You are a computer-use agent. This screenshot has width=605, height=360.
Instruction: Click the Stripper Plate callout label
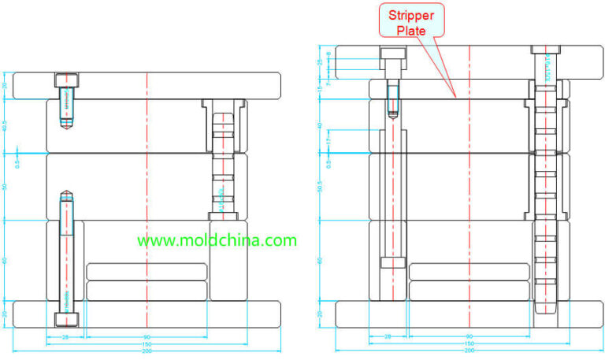[x=411, y=22]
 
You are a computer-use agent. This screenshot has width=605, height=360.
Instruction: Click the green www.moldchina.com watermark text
[x=217, y=240]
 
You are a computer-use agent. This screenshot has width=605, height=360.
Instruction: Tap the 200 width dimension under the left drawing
[x=147, y=351]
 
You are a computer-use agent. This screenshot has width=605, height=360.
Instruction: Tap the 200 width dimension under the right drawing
[x=470, y=351]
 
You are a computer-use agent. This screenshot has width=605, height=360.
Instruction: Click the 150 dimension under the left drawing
[x=147, y=343]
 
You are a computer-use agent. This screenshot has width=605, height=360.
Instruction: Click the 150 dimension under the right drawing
[x=470, y=343]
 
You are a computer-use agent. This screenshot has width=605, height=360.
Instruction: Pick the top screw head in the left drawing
[x=66, y=80]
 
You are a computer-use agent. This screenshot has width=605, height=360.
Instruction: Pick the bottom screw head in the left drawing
[x=66, y=319]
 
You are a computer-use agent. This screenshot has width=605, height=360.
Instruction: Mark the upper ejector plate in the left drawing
[x=147, y=271]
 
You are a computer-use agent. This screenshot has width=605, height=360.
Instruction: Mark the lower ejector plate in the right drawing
[x=470, y=290]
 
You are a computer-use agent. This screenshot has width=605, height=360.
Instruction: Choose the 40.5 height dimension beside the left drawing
[x=6, y=124]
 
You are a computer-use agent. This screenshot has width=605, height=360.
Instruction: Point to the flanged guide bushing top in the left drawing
[x=223, y=106]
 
